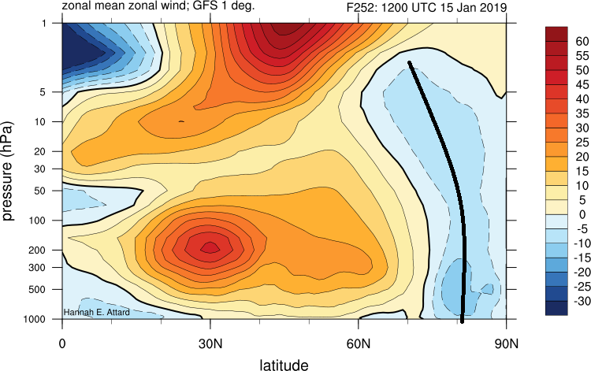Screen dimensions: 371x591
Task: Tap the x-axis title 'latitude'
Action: point(284,364)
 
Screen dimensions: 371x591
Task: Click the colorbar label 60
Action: point(582,40)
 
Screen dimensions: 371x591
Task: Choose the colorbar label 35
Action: point(582,113)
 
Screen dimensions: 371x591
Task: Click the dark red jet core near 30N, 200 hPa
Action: point(210,247)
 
